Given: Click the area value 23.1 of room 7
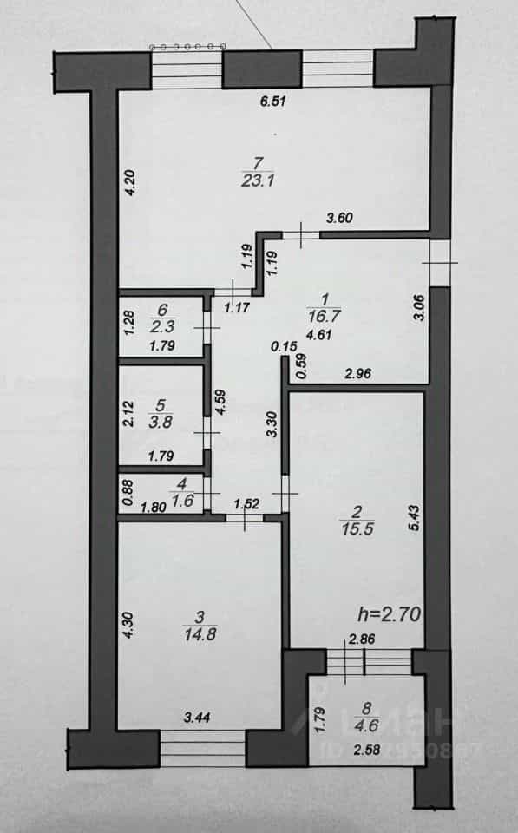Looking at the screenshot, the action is pos(257,180).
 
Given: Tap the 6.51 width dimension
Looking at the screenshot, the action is pos(273,101).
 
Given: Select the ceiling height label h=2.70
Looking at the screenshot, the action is pos(390,614).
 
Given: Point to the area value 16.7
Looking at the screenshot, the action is pos(324,317).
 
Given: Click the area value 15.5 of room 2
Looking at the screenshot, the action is pos(357,529).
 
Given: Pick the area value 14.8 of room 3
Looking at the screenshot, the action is pos(200,633).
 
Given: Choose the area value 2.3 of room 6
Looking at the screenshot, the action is pos(162,325).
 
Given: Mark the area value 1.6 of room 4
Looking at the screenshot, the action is pos(182,501).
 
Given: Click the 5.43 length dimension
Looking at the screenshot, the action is pos(415,518).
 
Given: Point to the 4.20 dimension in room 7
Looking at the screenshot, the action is pos(131,183).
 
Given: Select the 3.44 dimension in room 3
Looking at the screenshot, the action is pos(197,718).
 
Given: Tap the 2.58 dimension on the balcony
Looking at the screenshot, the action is pos(367,750).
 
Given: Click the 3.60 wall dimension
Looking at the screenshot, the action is pos(339,217).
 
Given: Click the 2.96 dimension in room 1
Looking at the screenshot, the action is pos(358,374).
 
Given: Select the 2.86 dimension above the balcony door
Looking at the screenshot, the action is pos(361,640).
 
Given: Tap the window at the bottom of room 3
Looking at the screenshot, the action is pos(202,748).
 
